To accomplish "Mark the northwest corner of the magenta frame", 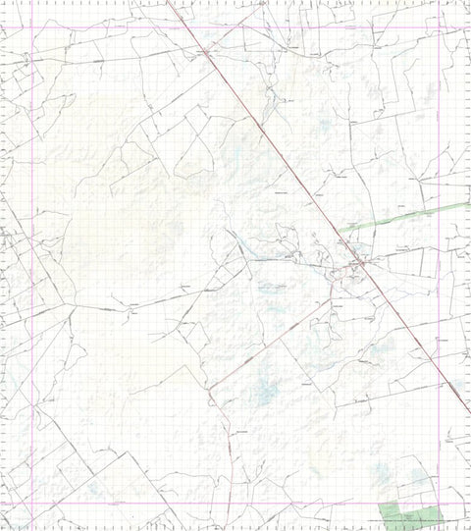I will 32,27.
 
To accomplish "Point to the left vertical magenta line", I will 32,265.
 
